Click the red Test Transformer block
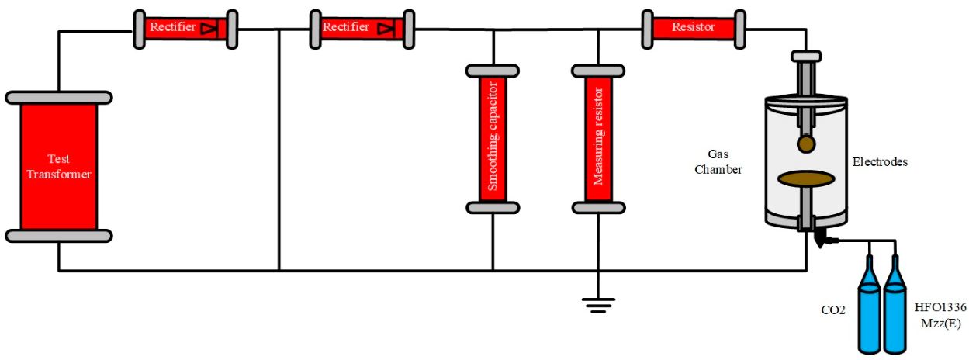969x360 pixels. click(59, 167)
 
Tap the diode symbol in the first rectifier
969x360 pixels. click(208, 29)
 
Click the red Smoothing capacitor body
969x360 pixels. click(493, 139)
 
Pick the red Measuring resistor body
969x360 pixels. click(598, 139)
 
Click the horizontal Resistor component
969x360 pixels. click(694, 28)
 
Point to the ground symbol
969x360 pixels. click(597, 303)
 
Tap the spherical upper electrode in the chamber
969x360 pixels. click(807, 144)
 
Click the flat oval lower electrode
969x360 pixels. click(807, 179)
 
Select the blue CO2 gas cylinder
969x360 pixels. click(870, 314)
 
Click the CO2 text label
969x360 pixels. click(835, 310)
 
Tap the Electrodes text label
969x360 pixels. click(880, 162)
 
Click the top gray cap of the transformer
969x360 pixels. click(59, 98)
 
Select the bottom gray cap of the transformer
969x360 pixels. click(59, 236)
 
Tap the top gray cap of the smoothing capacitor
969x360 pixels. click(493, 71)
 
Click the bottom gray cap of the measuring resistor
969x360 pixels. click(598, 207)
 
